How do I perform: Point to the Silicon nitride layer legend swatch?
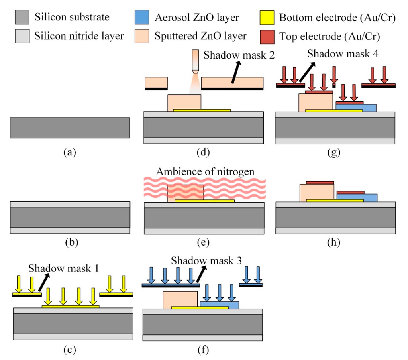pyautogui.click(x=22, y=37)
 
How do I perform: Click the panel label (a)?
pyautogui.click(x=70, y=152)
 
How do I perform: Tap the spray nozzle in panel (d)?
pyautogui.click(x=195, y=62)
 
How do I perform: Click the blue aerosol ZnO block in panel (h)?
pyautogui.click(x=357, y=197)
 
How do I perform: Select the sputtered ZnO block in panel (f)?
pyautogui.click(x=180, y=300)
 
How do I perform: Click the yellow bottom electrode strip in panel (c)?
pyautogui.click(x=71, y=307)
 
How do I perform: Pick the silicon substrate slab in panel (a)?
pyautogui.click(x=70, y=128)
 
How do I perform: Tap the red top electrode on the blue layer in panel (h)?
pyautogui.click(x=350, y=192)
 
